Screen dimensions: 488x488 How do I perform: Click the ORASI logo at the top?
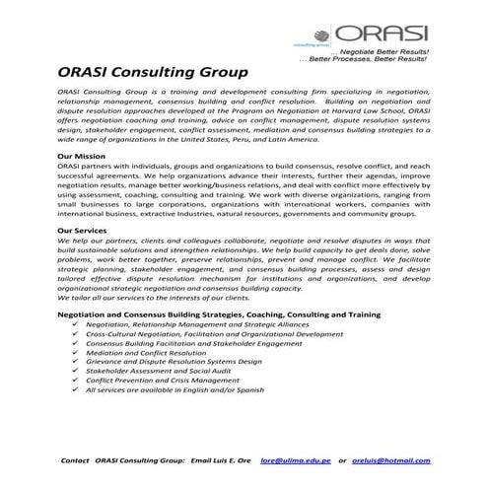click(x=382, y=28)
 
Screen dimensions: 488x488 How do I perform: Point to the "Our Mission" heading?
click(x=85, y=157)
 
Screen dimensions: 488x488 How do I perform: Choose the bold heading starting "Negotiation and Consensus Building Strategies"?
click(x=219, y=314)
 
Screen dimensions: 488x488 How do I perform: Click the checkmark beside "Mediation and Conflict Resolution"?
click(x=77, y=352)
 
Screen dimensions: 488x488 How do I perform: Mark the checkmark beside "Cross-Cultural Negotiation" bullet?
click(x=77, y=333)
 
